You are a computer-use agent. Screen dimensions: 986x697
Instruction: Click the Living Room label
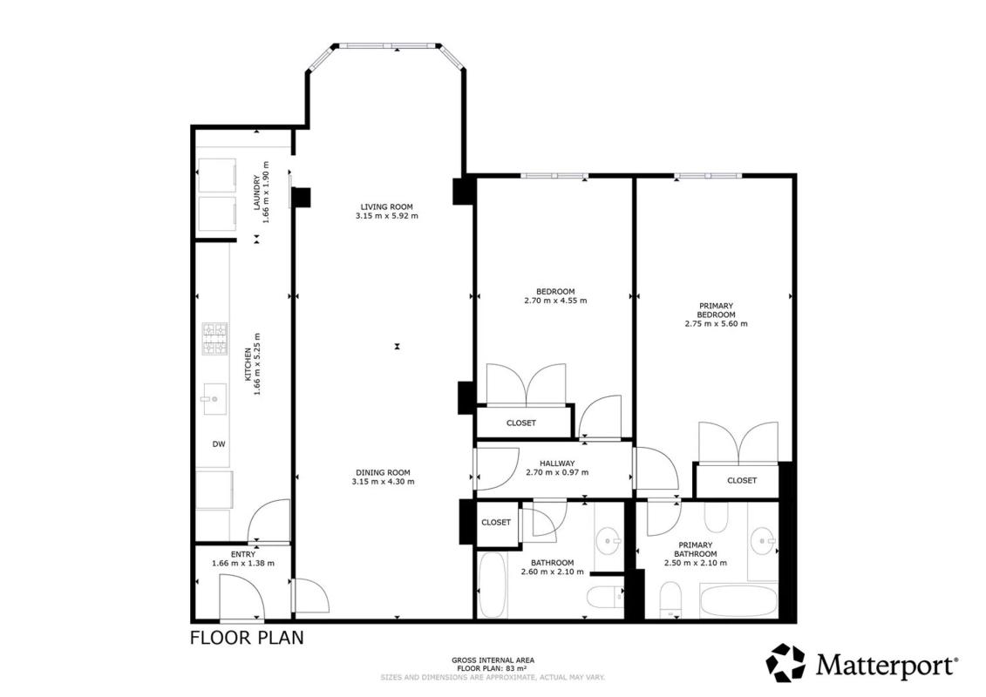click(386, 206)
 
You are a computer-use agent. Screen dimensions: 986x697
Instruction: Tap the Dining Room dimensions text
click(383, 482)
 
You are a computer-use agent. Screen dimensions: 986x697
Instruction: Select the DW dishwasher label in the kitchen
click(218, 444)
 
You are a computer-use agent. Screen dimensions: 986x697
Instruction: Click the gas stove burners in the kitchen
click(214, 339)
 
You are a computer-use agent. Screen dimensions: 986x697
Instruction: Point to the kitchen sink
click(214, 399)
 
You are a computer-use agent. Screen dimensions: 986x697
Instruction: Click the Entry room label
click(243, 554)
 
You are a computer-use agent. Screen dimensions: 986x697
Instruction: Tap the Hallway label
click(556, 464)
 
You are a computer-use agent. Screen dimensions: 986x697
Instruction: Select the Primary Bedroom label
click(717, 310)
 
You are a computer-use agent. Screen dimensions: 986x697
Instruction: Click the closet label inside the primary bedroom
click(742, 480)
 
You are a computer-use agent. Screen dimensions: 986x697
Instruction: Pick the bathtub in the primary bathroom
click(739, 601)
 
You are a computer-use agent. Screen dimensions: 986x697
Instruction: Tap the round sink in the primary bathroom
click(764, 540)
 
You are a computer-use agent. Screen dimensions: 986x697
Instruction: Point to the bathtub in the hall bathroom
click(492, 585)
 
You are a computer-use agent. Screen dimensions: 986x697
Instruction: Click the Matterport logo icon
click(785, 662)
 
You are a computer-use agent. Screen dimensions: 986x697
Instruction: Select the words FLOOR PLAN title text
click(247, 637)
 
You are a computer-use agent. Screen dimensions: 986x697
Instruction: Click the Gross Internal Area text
click(493, 660)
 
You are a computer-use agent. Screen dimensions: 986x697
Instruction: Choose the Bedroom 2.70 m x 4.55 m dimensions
click(555, 301)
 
